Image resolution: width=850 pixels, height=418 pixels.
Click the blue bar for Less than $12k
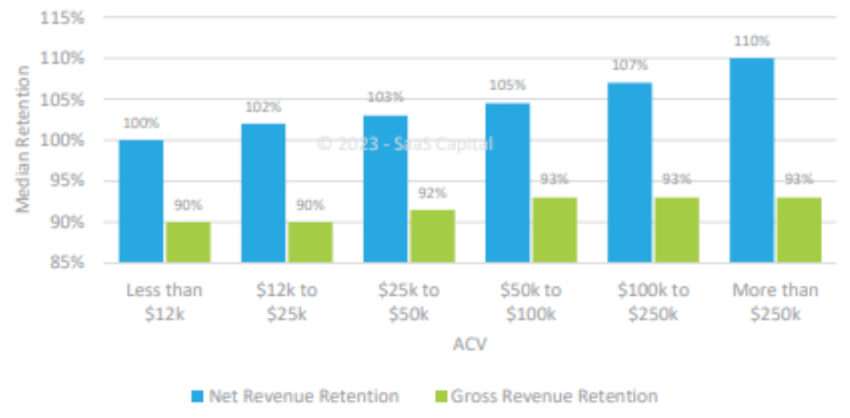tap(141, 201)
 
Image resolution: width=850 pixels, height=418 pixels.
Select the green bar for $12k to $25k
tap(309, 242)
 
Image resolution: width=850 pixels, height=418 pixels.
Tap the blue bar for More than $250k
tap(752, 160)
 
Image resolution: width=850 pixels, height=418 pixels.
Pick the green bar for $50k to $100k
tap(554, 230)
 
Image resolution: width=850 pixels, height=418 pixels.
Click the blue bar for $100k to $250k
tap(629, 172)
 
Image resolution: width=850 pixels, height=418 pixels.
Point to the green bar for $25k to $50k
tap(431, 236)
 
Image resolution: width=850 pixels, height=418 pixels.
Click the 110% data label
tap(752, 41)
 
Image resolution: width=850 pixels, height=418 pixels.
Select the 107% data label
tap(629, 66)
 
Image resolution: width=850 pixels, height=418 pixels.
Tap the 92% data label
tap(432, 193)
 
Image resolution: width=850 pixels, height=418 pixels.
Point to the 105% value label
tap(507, 85)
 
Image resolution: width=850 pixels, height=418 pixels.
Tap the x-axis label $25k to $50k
tap(409, 302)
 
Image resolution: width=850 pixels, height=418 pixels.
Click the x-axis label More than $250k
tap(775, 302)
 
